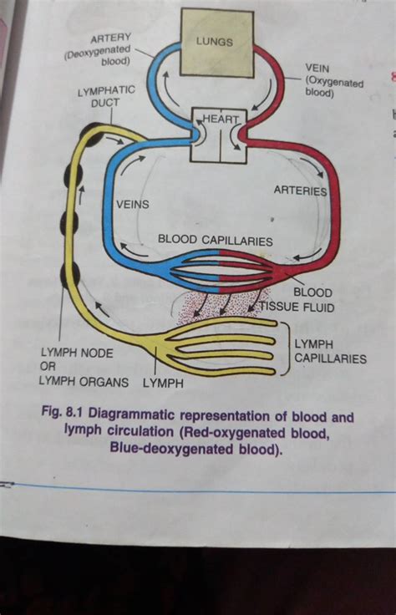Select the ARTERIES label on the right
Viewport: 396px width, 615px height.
coord(300,191)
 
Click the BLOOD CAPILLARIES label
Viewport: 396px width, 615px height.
coord(216,241)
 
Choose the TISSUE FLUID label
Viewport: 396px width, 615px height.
coord(297,307)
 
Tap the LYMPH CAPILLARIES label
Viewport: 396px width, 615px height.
coord(329,352)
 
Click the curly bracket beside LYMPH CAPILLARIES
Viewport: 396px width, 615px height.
coord(283,355)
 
